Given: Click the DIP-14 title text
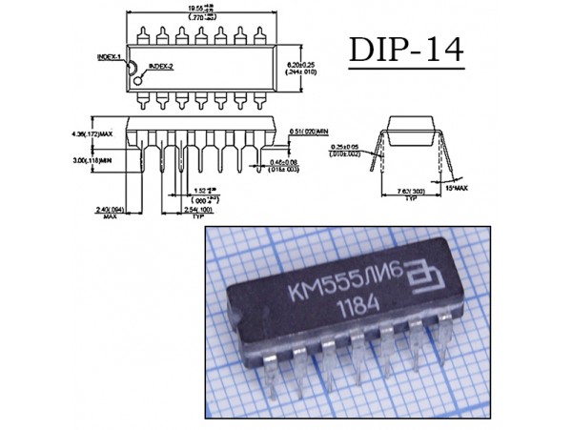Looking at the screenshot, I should click(x=406, y=49).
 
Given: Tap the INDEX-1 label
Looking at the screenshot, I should click(x=108, y=57).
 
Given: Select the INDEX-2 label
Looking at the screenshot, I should click(x=159, y=67).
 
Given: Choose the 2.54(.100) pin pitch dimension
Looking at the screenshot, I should click(x=198, y=208).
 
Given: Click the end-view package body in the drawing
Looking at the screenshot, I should click(x=413, y=129).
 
